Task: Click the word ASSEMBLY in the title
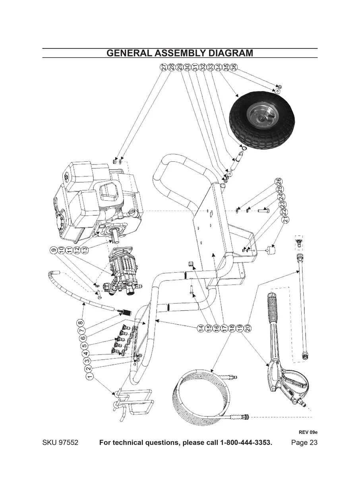[x=180, y=53]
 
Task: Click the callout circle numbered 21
[x=285, y=219]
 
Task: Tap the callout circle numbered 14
[x=201, y=328]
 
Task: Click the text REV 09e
[x=308, y=432]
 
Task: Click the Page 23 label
[x=304, y=443]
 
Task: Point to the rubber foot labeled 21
[x=271, y=251]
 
